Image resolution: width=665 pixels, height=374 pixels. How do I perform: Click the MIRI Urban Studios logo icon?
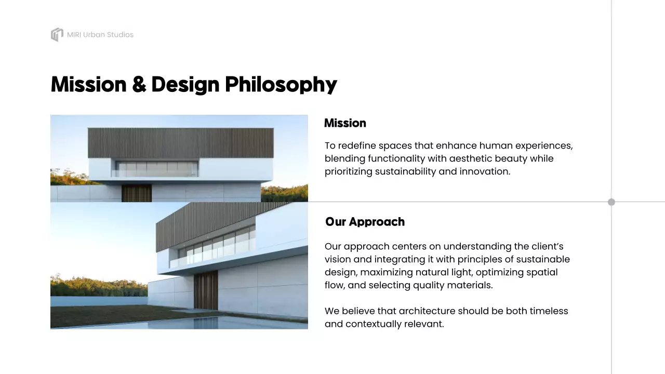point(57,35)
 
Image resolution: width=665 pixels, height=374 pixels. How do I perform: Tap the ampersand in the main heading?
point(139,85)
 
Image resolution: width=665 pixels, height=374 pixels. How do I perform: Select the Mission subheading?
point(345,123)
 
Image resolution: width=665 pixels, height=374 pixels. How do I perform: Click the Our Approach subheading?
point(365,222)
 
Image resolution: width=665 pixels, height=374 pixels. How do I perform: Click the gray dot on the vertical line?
point(611,202)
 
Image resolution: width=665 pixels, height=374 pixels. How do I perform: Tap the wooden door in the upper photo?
point(137,193)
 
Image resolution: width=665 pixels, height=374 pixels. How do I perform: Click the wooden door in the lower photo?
point(206,290)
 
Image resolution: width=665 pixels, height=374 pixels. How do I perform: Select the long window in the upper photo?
point(157,168)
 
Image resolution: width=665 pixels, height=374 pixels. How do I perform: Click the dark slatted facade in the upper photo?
point(180,143)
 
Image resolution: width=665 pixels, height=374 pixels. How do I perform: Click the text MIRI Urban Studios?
point(100,35)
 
